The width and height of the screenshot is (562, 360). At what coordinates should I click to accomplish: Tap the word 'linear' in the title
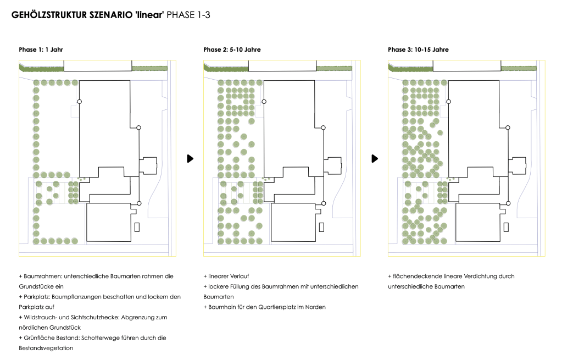coord(148,15)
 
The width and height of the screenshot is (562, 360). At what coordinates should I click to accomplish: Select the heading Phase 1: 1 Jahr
coord(41,49)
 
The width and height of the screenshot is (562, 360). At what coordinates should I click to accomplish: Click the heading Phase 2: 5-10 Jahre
coord(232,49)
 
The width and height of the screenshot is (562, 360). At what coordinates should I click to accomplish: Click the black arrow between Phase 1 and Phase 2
coord(190,158)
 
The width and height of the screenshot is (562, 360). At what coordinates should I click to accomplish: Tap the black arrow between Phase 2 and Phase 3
coord(375,158)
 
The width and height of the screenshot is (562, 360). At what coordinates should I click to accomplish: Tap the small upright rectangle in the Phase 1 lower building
coord(137,226)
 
